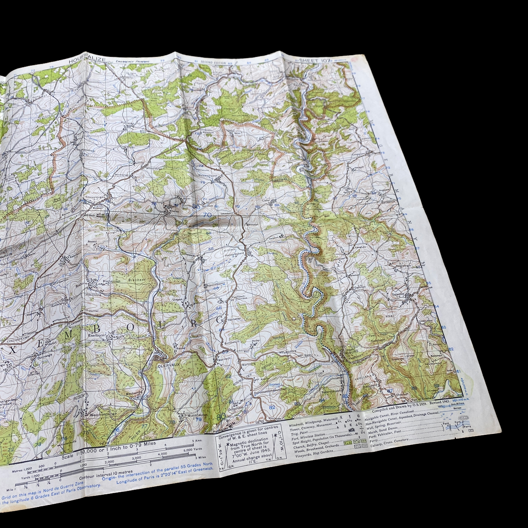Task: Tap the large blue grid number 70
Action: [207, 215]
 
